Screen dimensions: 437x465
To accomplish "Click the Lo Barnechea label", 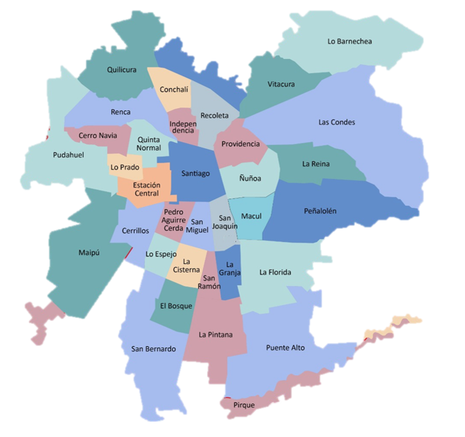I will click(x=349, y=41).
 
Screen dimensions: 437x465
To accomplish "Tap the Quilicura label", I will click(x=121, y=70).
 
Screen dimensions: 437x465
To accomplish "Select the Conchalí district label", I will click(x=174, y=89).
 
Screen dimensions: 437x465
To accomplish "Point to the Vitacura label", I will click(x=281, y=84).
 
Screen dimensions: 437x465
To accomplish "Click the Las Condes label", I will click(x=336, y=122).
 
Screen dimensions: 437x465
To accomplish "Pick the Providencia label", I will click(x=240, y=144).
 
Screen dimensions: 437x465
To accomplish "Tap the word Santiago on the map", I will click(x=195, y=174).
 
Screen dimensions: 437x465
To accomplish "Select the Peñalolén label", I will click(x=320, y=211).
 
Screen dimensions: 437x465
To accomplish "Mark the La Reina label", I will click(x=316, y=163).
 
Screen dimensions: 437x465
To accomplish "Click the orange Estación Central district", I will click(x=146, y=189).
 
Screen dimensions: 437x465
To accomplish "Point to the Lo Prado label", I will click(x=125, y=167).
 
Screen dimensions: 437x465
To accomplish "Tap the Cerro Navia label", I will click(x=98, y=135).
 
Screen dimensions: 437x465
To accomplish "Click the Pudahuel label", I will click(x=68, y=155).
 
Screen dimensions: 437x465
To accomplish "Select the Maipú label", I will click(x=89, y=252).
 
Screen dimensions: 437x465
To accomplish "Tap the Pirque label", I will click(x=244, y=405).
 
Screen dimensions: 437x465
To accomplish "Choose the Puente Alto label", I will click(x=285, y=348).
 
